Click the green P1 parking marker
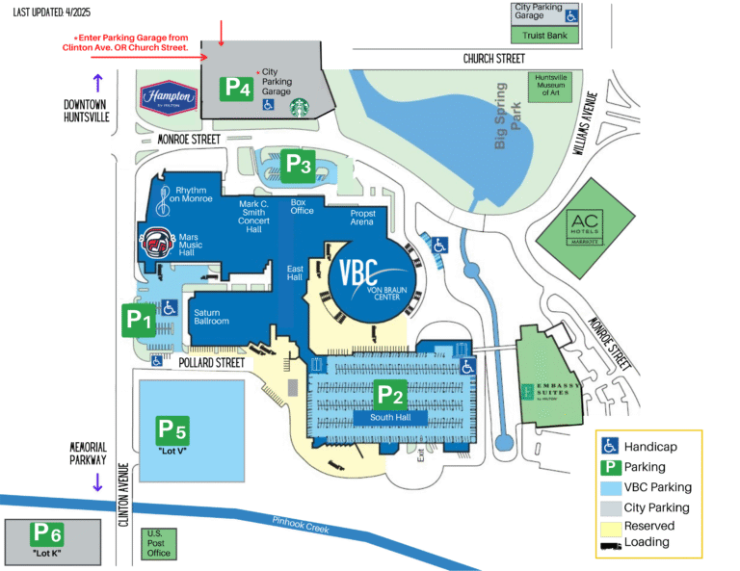coord(138,320)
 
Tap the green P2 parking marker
coord(390,394)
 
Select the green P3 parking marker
coord(300,165)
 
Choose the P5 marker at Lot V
coord(172,429)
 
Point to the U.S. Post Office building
coord(159,544)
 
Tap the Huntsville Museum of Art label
coord(549,87)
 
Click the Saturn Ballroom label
coord(211,317)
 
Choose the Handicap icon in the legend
coord(610,447)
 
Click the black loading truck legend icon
coord(610,544)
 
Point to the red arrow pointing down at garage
coord(222,31)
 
